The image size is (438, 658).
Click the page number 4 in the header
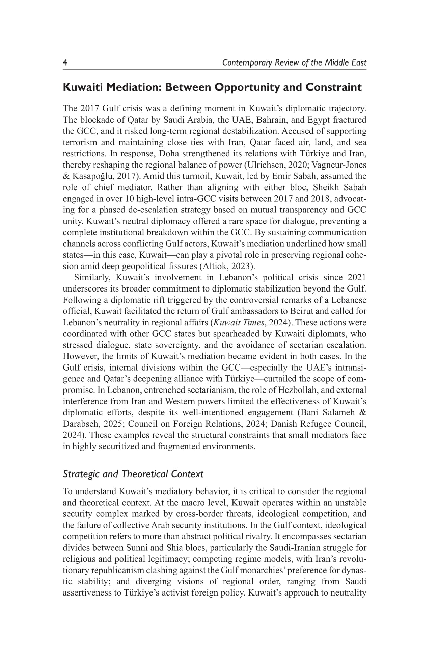[65, 63]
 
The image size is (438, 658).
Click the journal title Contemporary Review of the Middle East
[294, 63]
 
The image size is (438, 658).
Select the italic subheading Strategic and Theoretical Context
[133, 474]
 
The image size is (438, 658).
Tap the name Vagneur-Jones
[345, 165]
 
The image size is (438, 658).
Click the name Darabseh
[79, 424]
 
